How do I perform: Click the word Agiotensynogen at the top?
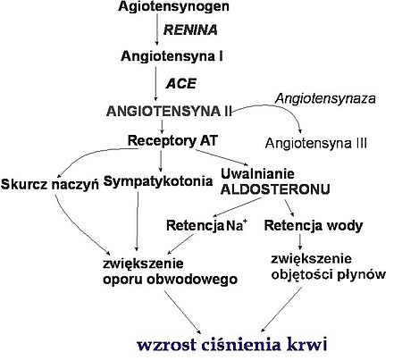pos(173,7)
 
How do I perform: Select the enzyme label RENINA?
pos(190,30)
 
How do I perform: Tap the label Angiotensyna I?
pos(172,56)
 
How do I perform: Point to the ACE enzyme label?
pos(181,83)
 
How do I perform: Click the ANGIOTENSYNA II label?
pos(169,112)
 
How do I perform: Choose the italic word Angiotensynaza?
pos(325,98)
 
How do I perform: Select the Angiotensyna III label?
pos(316,143)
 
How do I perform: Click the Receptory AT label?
pos(172,140)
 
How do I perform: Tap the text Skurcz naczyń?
pos(50,184)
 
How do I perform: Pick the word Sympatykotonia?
pos(158,181)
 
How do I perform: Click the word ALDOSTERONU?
pos(275,189)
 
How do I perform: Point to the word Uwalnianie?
pos(257,173)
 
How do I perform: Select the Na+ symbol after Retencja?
pos(237,225)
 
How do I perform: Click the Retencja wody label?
pos(314,225)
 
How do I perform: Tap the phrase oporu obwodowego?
pos(170,280)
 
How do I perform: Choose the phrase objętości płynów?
pos(329,274)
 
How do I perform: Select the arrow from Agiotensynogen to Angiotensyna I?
pos(157,29)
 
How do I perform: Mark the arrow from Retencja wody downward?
pos(300,242)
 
